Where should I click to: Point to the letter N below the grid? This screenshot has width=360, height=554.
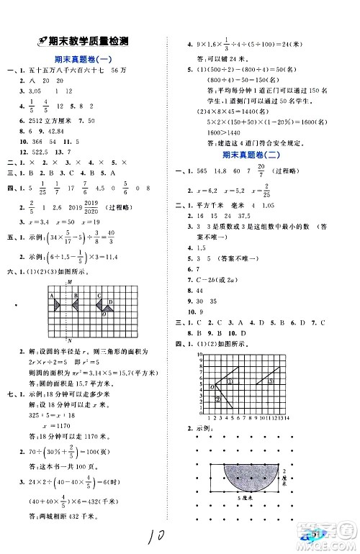tap(68, 340)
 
